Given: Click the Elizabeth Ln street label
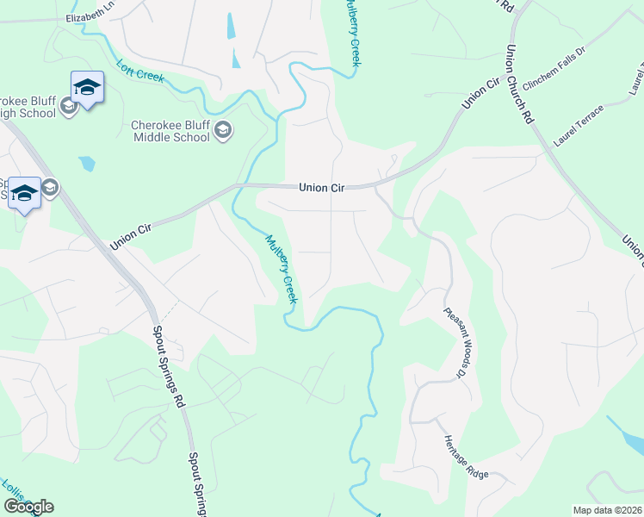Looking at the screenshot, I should tap(90, 17).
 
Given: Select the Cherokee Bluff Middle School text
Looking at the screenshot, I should tap(170, 131).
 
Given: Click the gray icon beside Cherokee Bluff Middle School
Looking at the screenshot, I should tap(224, 131).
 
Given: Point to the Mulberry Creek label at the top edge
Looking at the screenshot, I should tap(351, 33).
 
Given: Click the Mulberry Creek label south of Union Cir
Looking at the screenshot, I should tap(281, 269).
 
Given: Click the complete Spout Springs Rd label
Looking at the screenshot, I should tap(169, 366).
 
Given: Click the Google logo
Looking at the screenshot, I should tap(28, 507).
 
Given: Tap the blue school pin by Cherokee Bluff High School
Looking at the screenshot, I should tap(87, 88).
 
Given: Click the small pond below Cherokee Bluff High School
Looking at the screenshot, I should tap(86, 163).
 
